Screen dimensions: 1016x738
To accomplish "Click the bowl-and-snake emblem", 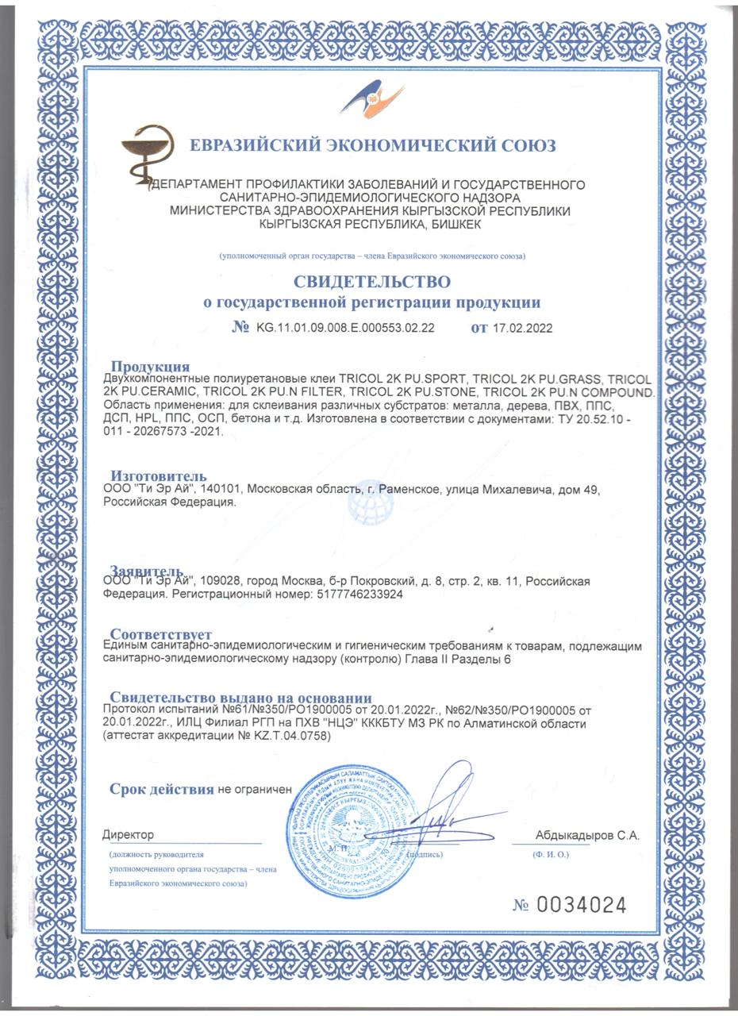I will coord(148,152).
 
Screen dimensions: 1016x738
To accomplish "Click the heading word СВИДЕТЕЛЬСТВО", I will coord(372,282).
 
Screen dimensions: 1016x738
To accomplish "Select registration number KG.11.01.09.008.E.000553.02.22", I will coord(345,328).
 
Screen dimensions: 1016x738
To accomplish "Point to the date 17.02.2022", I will coord(522,328).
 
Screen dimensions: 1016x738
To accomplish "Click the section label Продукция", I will coord(150,366).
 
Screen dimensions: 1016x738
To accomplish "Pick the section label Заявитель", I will coord(148,571).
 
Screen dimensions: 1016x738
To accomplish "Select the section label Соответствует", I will coord(160,634).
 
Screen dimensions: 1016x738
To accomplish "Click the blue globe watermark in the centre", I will coord(371,502).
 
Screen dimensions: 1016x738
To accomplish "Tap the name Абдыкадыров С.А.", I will coord(587,835).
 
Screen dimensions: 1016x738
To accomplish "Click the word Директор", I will coord(128,835).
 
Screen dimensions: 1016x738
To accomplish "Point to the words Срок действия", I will coord(162,789).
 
